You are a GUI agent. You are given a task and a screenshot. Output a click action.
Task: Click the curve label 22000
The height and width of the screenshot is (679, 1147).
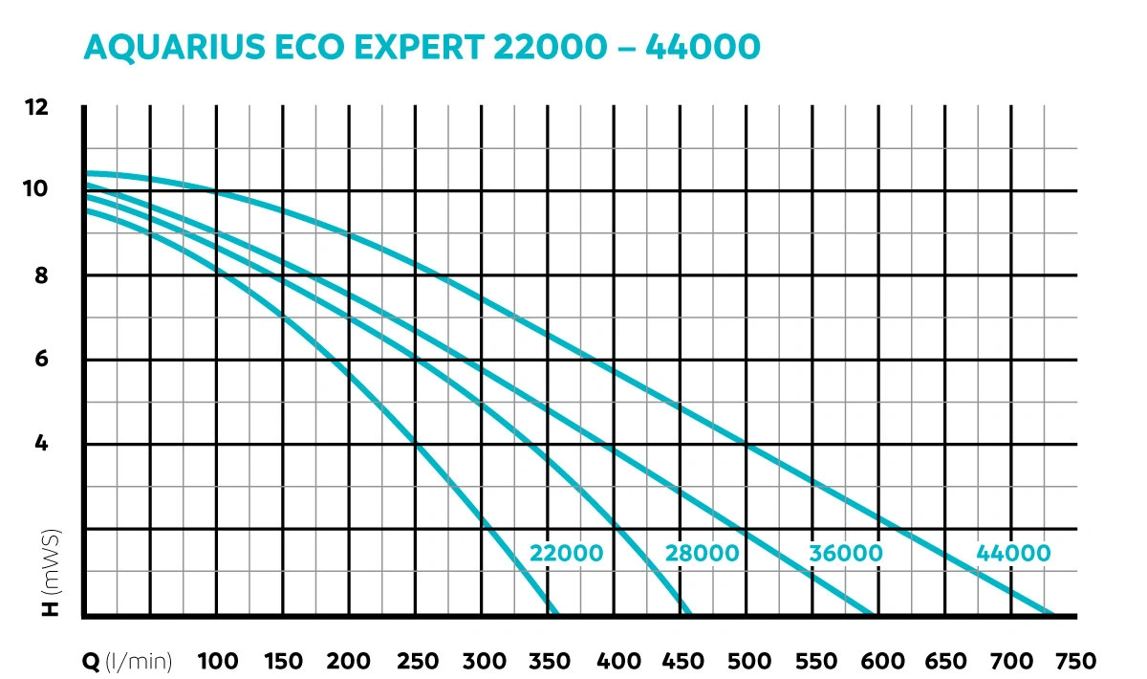point(567,554)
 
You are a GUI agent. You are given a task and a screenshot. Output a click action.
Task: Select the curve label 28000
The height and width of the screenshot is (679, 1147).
point(703,554)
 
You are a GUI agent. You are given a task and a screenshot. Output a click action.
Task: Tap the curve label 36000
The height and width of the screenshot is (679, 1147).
point(846,554)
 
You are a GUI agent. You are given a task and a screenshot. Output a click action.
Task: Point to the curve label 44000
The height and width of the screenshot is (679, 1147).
point(1013,554)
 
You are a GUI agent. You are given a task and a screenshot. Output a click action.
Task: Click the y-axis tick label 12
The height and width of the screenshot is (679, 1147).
point(36,107)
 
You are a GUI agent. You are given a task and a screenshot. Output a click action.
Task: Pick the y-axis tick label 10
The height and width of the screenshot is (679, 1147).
point(36,189)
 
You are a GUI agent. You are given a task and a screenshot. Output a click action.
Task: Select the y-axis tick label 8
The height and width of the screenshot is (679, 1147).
point(41,275)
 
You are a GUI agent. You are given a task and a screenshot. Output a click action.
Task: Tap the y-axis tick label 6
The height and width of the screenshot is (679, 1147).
point(41,360)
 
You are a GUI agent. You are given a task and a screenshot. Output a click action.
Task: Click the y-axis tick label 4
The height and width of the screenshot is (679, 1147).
point(41,444)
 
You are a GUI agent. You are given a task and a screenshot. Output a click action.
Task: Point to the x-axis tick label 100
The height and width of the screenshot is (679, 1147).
point(217,661)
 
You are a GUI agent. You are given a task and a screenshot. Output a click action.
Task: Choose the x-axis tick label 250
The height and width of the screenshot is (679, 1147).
point(417,661)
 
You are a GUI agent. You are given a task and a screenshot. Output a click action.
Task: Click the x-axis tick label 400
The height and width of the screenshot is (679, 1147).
point(617,661)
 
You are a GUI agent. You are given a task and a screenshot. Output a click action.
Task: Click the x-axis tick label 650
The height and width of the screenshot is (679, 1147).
point(946,661)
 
